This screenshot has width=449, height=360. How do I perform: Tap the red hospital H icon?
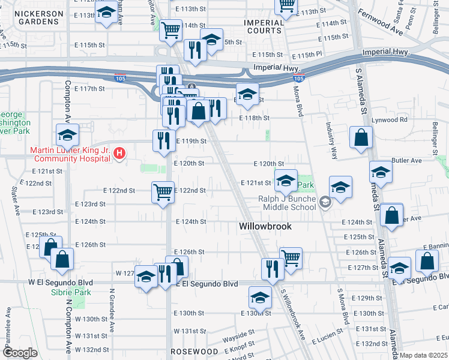pyautogui.click(x=119, y=154)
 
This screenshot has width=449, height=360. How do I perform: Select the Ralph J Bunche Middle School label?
pyautogui.click(x=287, y=203)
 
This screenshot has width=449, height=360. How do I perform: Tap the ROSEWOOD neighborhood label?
pyautogui.click(x=194, y=351)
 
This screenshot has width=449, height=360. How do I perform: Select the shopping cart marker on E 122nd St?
pyautogui.click(x=162, y=192)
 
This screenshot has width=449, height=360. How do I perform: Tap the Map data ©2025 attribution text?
pyautogui.click(x=423, y=355)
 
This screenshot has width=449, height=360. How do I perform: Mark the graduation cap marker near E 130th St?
pyautogui.click(x=260, y=297)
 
